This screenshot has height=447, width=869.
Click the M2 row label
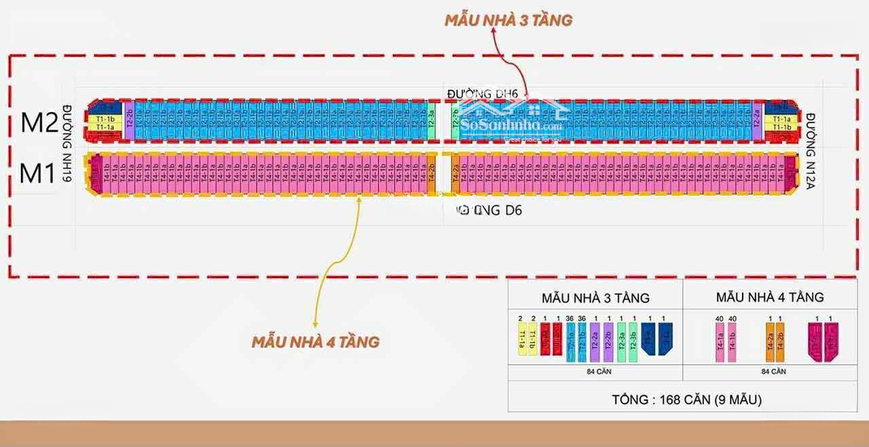coord(39,122)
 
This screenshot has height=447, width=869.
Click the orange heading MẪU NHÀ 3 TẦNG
coord(508,20)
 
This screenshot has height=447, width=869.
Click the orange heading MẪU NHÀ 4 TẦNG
coord(315,341)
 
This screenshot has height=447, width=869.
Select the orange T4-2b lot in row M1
coord(432,172)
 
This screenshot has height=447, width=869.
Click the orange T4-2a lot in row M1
coord(455,172)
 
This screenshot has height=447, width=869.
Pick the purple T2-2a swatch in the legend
coord(594,341)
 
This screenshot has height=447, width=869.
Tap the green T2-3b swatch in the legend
coord(633,341)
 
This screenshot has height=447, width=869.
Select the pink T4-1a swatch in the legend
coord(719,341)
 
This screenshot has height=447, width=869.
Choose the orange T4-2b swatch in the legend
coord(781,341)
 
